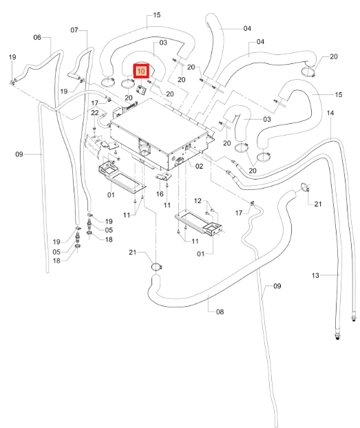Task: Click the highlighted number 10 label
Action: [x=141, y=72]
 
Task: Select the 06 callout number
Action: [x=37, y=37]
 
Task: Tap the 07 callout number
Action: [x=74, y=30]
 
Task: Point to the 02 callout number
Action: [x=199, y=167]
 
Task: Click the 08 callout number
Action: [x=220, y=312]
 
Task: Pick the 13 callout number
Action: [x=315, y=275]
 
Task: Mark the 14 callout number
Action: [x=330, y=113]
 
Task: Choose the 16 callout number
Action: [x=160, y=194]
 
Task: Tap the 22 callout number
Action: [x=95, y=113]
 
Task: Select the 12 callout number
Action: [x=198, y=201]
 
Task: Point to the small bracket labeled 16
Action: [x=163, y=176]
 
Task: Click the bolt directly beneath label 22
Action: [x=94, y=128]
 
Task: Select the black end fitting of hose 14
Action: [x=354, y=319]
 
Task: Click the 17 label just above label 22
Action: [x=94, y=103]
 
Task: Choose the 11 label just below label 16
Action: [x=167, y=205]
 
